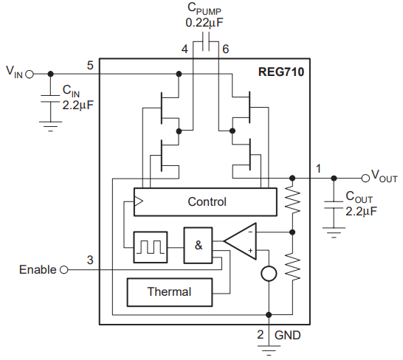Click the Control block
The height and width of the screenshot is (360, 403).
coord(207,201)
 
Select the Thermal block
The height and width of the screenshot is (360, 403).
coord(169,291)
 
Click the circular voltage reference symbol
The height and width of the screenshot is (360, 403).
coord(270,273)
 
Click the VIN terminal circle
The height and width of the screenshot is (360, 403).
coord(30,74)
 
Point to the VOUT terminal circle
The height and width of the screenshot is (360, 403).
coord(365,178)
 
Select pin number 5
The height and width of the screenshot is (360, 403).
coord(89,66)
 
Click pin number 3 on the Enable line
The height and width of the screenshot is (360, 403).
coord(90,260)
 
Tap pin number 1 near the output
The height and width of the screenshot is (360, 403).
coord(318,168)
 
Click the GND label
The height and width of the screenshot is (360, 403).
coord(288,335)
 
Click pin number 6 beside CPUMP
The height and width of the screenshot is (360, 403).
coord(226,49)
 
